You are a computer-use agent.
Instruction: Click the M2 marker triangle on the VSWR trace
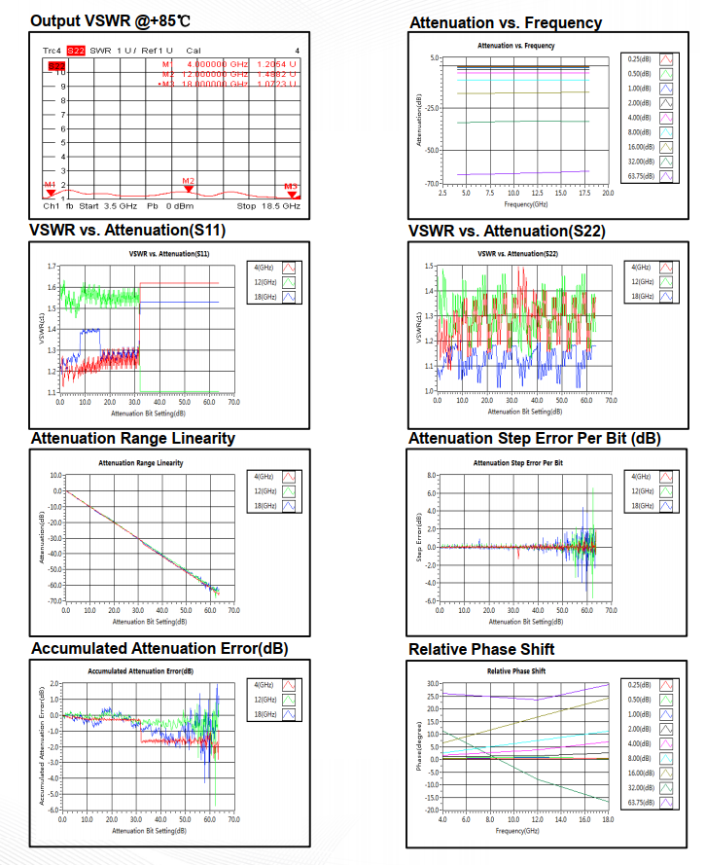coord(189,188)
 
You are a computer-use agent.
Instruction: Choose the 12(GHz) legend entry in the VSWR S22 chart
coord(652,281)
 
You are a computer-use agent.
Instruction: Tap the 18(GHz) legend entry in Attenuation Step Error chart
coord(652,506)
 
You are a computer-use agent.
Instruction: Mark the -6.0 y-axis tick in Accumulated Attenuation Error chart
coord(51,810)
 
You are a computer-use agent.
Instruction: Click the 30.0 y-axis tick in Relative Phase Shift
coord(431,683)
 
